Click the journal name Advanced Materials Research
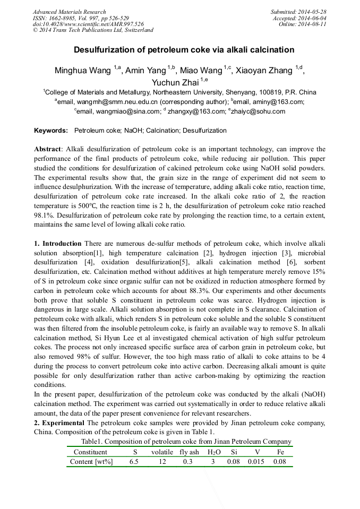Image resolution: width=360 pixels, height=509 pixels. click(x=69, y=12)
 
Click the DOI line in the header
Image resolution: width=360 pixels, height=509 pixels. click(x=88, y=24)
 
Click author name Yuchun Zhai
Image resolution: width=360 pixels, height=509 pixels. click(x=175, y=82)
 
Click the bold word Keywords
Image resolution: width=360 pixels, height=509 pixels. click(x=51, y=131)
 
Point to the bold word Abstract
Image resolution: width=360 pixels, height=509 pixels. click(x=48, y=150)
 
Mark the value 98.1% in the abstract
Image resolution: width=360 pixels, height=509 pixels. click(x=45, y=216)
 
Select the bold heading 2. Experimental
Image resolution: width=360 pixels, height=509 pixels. click(x=59, y=423)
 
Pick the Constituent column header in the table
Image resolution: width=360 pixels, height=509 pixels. click(x=90, y=452)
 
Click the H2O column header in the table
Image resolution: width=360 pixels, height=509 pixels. click(x=213, y=452)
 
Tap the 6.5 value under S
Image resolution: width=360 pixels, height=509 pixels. click(x=134, y=462)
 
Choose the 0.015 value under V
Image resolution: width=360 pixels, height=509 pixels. click(x=257, y=462)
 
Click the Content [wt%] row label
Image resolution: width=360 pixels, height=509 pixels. click(x=91, y=462)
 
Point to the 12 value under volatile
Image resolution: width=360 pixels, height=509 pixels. click(x=162, y=462)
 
